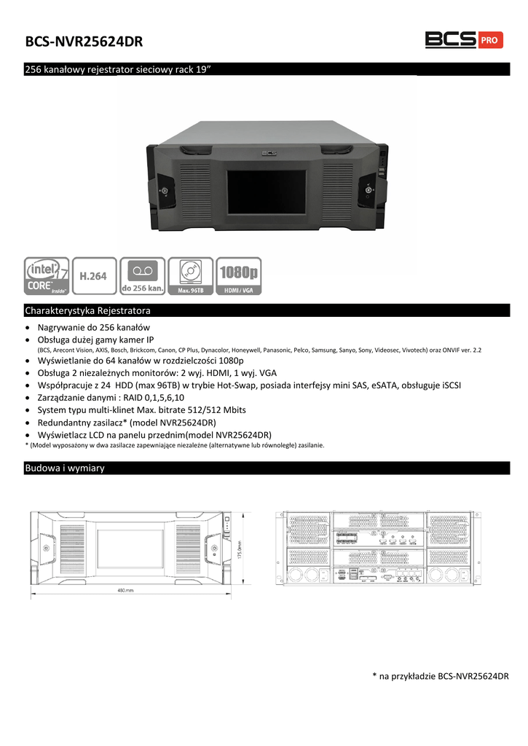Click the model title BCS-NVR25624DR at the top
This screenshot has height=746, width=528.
tap(84, 42)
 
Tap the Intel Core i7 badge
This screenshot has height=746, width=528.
tap(47, 275)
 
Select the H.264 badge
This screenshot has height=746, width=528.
tap(94, 275)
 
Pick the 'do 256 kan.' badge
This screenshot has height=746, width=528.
tap(141, 275)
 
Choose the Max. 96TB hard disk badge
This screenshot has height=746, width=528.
tap(190, 275)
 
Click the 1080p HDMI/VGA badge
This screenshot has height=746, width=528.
tap(239, 275)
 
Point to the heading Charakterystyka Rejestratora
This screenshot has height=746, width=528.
tap(87, 310)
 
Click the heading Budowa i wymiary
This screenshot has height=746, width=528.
tap(65, 468)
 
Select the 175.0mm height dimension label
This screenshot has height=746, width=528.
tap(238, 549)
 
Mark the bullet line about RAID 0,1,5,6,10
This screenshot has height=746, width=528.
tap(111, 398)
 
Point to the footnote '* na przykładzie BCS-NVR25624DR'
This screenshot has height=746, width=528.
tap(439, 677)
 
